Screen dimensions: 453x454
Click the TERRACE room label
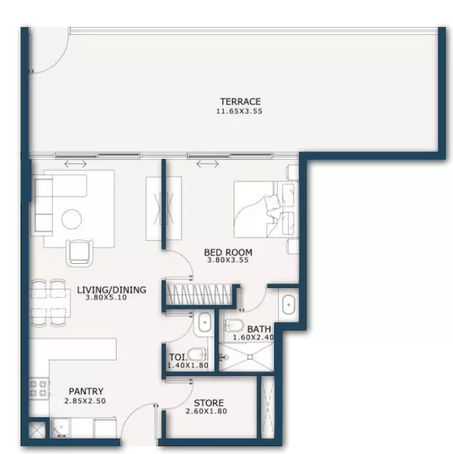[240, 101]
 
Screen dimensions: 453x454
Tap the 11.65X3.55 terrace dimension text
[239, 111]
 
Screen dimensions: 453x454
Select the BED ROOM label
[228, 253]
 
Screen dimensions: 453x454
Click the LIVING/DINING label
[111, 289]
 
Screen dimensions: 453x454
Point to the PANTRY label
[86, 391]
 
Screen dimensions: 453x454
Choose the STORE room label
[209, 403]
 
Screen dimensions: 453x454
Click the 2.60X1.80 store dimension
[207, 411]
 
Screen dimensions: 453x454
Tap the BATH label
[259, 329]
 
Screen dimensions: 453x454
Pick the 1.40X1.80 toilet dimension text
[188, 365]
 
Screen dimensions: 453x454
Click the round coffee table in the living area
[72, 219]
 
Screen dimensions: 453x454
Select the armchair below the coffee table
[80, 253]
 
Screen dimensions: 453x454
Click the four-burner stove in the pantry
[38, 389]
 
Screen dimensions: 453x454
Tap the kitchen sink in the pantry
[60, 427]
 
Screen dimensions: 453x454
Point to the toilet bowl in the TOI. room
[197, 355]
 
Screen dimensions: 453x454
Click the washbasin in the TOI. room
[205, 323]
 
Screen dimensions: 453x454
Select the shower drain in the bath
[250, 358]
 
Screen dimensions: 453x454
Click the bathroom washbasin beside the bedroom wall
[288, 304]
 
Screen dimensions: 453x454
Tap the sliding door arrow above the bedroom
[207, 164]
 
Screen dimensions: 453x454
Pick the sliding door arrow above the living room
[75, 164]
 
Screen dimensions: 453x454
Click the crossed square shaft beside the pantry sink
[37, 430]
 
